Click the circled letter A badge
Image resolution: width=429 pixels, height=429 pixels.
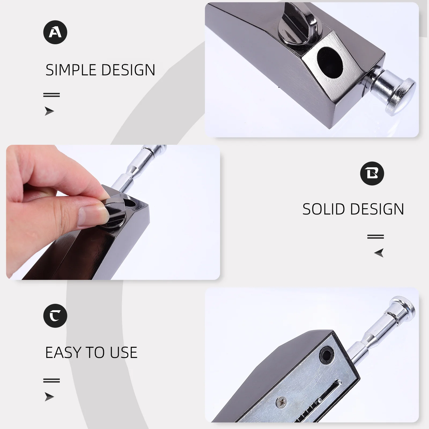pyautogui.click(x=55, y=32)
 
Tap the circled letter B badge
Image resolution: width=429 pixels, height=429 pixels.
pyautogui.click(x=372, y=173)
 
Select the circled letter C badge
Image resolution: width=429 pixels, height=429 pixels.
pyautogui.click(x=55, y=316)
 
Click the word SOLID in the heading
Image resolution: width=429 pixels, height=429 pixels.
pyautogui.click(x=323, y=209)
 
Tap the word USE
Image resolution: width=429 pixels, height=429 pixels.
pyautogui.click(x=124, y=353)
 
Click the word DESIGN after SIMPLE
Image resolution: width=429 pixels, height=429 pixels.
pyautogui.click(x=128, y=70)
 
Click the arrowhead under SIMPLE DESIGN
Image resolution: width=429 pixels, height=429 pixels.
pyautogui.click(x=49, y=111)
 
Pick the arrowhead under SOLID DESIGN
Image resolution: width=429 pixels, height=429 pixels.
pyautogui.click(x=379, y=253)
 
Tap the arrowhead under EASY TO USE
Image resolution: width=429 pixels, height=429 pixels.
pyautogui.click(x=49, y=397)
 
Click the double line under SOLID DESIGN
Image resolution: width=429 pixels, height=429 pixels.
pyautogui.click(x=375, y=236)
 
